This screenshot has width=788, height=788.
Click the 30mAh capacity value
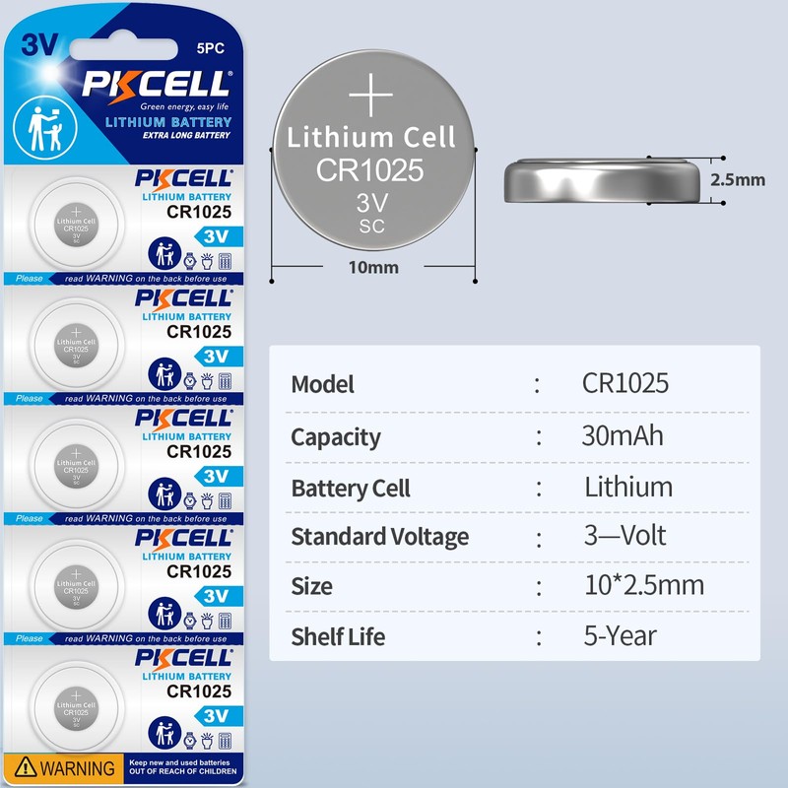pos(622,436)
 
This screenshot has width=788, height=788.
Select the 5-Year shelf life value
pos(620,636)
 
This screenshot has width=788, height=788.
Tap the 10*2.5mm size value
pos(643,586)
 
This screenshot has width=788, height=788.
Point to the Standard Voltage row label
pos(379,537)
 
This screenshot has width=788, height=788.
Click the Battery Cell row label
pos(351,489)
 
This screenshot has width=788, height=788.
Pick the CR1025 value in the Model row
pos(624,383)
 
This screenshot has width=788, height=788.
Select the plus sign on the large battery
pos(372,96)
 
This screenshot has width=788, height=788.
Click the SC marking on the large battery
pos(372,227)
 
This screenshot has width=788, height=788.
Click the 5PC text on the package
pos(212,47)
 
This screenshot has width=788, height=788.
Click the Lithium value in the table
pos(628,488)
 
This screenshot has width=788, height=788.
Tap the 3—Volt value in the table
pos(624,536)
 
